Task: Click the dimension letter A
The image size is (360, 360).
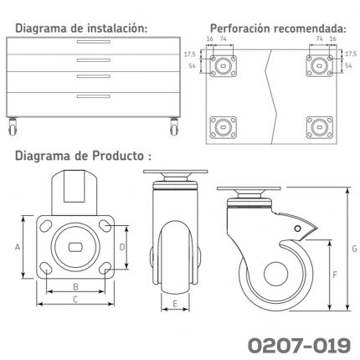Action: click(18, 247)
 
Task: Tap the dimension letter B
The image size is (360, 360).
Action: click(75, 286)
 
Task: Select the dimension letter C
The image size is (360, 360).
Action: click(75, 300)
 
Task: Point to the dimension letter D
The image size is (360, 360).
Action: click(122, 247)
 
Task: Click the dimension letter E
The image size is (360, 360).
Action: click(175, 304)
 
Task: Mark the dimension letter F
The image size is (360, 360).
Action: click(335, 275)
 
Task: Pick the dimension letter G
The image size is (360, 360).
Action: click(354, 249)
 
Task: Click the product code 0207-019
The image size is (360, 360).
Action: click(299, 346)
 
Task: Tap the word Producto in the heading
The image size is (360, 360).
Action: click(118, 156)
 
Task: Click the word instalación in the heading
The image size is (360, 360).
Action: click(117, 28)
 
